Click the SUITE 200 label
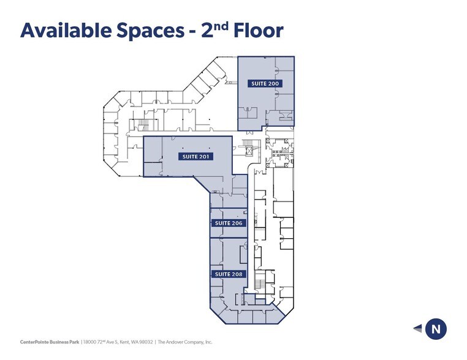pyautogui.click(x=265, y=83)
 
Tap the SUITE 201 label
pyautogui.click(x=196, y=157)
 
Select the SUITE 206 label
pyautogui.click(x=229, y=223)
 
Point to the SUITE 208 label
pyautogui.click(x=229, y=274)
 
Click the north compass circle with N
pyautogui.click(x=436, y=329)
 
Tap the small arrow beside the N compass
pyautogui.click(x=417, y=329)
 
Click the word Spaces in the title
pyautogui.click(x=146, y=30)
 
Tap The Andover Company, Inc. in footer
pyautogui.click(x=184, y=342)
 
